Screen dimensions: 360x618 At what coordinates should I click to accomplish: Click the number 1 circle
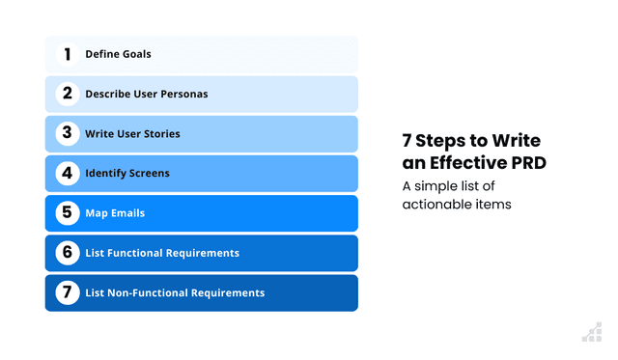(x=68, y=54)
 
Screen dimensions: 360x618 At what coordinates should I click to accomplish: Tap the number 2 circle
(x=68, y=94)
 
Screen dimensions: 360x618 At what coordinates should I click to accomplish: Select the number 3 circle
(x=68, y=133)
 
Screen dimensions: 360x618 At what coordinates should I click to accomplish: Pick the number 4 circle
(x=68, y=173)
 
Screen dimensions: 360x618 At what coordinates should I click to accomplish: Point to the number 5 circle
(x=68, y=212)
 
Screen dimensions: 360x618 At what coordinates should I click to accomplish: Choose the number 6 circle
(x=68, y=253)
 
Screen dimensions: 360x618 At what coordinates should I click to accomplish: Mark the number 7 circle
(x=68, y=292)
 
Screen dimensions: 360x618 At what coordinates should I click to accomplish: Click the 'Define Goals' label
(x=118, y=55)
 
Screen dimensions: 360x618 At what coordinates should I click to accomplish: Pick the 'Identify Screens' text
(x=127, y=174)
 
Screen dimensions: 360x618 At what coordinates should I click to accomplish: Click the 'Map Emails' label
(x=115, y=213)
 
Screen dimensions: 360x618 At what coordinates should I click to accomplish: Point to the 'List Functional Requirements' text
(x=162, y=253)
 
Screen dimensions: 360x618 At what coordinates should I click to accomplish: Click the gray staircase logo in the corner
(x=591, y=332)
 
